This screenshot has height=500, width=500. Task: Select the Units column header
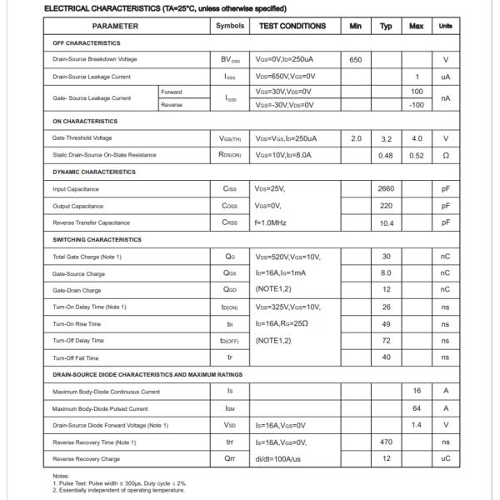[x=446, y=26]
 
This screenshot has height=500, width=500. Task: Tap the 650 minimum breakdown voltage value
[x=356, y=59]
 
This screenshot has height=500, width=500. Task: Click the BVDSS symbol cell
[x=231, y=60]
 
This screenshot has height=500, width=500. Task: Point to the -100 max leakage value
[x=417, y=105]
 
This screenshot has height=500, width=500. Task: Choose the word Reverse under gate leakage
[x=172, y=105]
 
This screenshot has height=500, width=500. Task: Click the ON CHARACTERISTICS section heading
[x=85, y=122]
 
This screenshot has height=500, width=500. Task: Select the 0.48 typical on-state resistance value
[x=386, y=155]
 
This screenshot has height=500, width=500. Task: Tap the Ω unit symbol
[x=446, y=155]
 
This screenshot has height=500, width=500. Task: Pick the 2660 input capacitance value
[x=386, y=189]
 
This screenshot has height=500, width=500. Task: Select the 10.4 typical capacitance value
[x=386, y=222]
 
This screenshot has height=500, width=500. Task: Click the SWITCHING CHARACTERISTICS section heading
[x=97, y=240]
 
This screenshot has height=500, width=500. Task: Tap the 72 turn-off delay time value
[x=386, y=341]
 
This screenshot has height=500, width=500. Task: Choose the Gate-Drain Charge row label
[x=77, y=290]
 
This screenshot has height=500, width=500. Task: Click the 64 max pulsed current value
[x=417, y=408]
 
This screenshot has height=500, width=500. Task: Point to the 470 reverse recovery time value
[x=386, y=442]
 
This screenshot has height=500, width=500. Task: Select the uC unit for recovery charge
[x=446, y=459]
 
